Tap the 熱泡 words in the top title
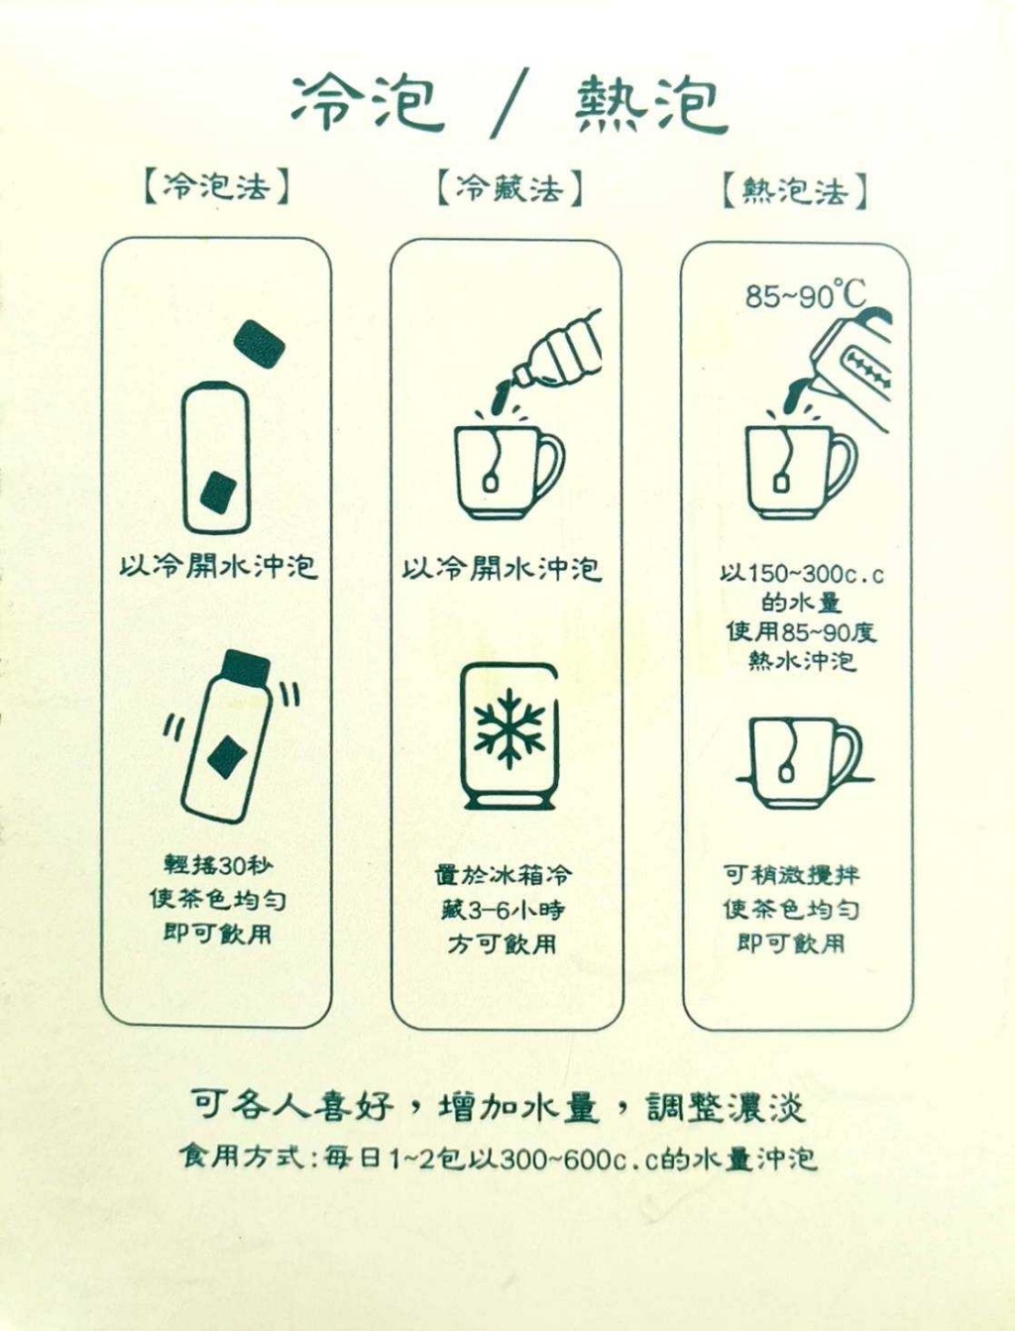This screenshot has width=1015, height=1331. point(650,103)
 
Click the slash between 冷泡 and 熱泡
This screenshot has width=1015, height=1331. point(509,104)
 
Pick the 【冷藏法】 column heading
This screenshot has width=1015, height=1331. point(508,187)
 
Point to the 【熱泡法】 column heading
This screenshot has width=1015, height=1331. point(794,190)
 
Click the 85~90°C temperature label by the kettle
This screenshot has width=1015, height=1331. point(805,294)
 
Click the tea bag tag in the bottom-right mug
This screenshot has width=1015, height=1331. point(787,773)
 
